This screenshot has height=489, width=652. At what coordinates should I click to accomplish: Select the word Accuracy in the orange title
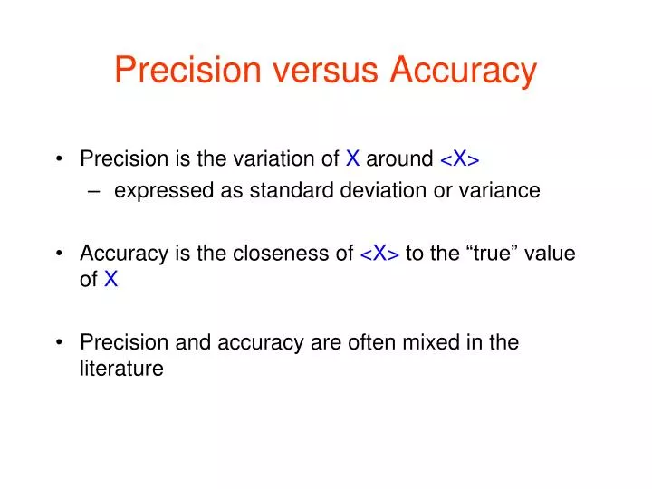(x=464, y=71)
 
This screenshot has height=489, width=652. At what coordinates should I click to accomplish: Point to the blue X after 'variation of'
(x=353, y=160)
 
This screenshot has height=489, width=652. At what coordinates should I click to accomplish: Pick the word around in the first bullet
(x=399, y=160)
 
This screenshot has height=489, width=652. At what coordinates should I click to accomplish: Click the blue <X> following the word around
(x=460, y=160)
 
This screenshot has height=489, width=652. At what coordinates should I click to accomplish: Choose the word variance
(x=503, y=190)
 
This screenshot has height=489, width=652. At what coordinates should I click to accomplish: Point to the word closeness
(x=286, y=254)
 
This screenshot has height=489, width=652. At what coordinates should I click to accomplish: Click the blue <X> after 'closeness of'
(x=380, y=254)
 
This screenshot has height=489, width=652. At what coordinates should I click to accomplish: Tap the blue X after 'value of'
(x=110, y=280)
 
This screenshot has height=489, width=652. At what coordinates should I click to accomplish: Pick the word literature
(x=121, y=369)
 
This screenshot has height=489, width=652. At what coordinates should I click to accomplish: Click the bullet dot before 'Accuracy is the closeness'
(x=60, y=254)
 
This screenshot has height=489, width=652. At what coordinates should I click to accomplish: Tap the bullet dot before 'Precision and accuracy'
(x=60, y=343)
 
